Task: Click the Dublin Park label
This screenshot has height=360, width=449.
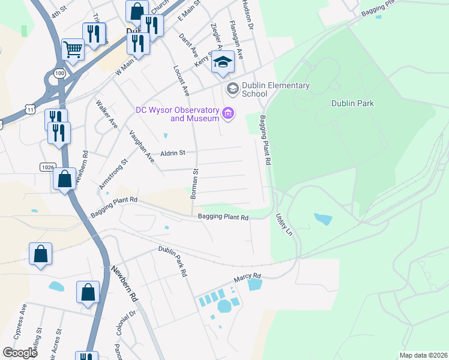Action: coord(352,103)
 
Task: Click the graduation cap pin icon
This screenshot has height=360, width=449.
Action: coord(223,62)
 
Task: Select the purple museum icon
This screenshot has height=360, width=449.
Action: coord(228,113)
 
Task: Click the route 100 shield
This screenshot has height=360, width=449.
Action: coord(59,72)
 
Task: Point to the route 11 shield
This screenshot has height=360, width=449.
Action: coord(31,109)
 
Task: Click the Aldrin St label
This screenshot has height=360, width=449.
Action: coord(172,154)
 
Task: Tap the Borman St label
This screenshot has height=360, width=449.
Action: coord(194,184)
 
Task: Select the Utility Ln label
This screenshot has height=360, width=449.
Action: coord(284,224)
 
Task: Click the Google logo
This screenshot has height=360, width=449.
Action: coord(20,353)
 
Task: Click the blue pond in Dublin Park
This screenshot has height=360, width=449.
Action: coord(322,219)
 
